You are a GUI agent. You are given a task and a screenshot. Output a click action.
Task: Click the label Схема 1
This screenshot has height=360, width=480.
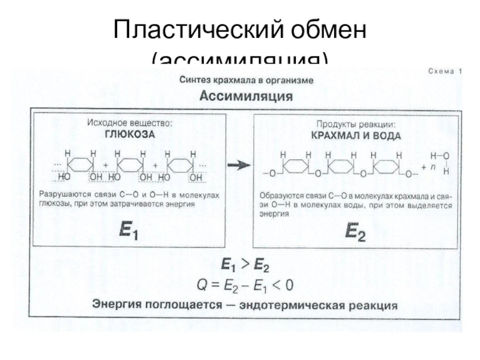tap(445, 71)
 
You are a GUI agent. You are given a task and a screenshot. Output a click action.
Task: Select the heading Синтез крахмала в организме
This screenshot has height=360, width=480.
tap(246, 80)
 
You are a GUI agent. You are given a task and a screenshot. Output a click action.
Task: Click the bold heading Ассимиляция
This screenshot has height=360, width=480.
tap(246, 95)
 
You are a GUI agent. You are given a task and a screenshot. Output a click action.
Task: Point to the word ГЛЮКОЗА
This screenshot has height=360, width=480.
tap(127, 135)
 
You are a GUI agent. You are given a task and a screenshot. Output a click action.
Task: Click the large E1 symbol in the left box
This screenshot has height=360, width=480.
tap(128, 232)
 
